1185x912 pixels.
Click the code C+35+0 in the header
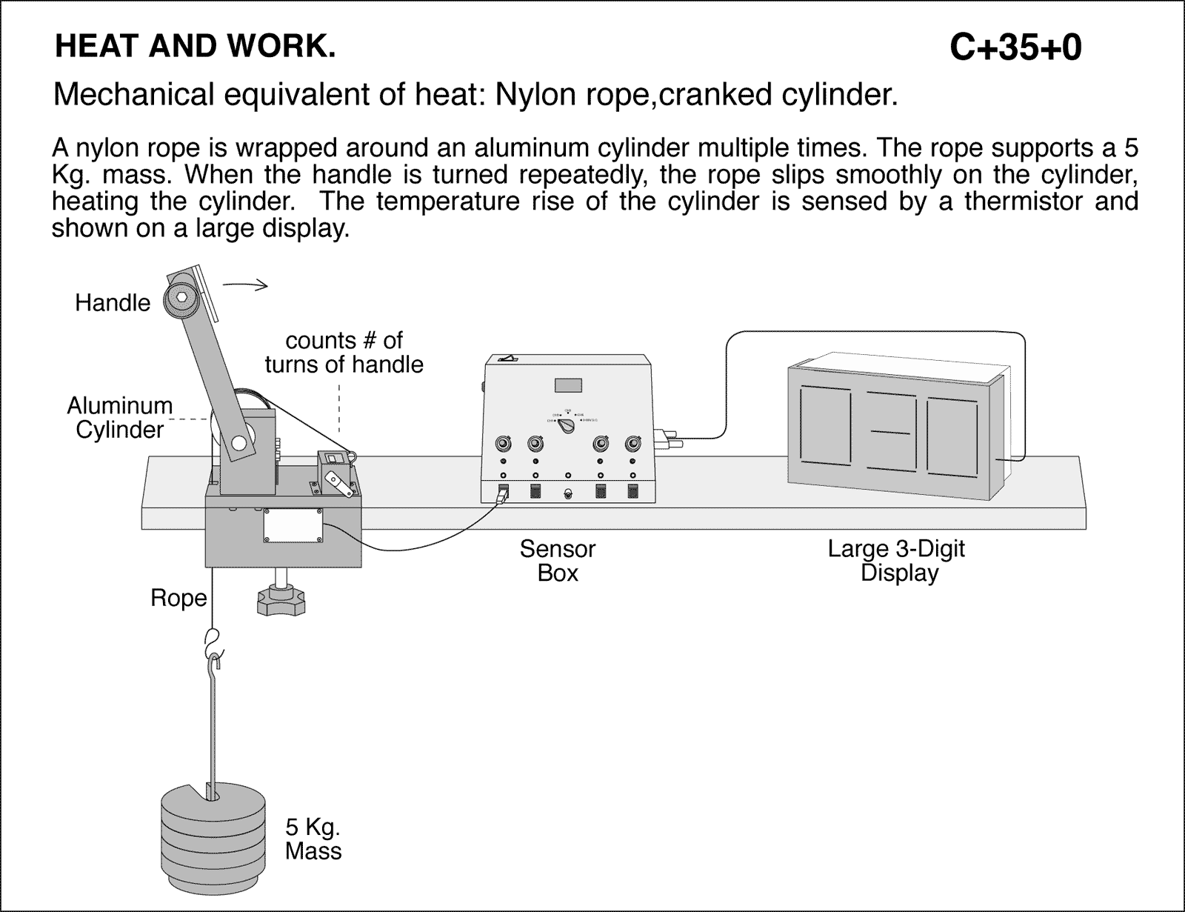[1015, 48]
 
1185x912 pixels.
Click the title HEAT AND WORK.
[195, 47]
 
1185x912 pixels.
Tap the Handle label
[113, 303]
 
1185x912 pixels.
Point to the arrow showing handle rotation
[245, 285]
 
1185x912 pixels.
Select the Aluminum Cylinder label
[118, 418]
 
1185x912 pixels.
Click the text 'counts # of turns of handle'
[344, 353]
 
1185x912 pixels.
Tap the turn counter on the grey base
[336, 470]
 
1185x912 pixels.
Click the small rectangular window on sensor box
[568, 385]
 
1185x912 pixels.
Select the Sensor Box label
[557, 561]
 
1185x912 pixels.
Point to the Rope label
[178, 598]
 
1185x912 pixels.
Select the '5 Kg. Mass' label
[313, 839]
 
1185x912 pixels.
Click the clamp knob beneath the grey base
[281, 597]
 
